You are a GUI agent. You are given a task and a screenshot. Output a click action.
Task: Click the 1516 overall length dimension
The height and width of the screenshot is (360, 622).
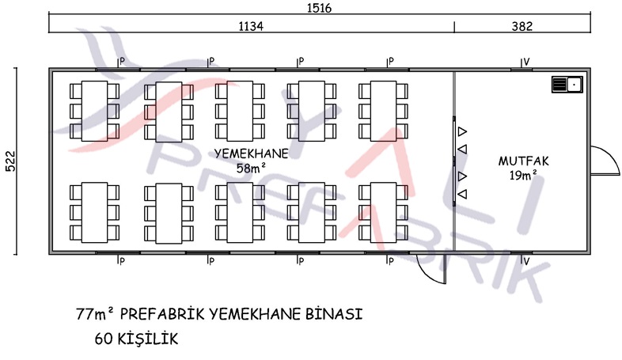pos(319,8)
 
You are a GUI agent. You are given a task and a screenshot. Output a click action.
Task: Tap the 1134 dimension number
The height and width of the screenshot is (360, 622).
pos(251,26)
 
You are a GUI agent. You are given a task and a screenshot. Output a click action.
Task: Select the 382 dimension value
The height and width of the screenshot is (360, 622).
pos(521,26)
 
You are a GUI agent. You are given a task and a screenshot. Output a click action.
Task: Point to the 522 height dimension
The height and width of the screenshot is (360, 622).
pos(10,161)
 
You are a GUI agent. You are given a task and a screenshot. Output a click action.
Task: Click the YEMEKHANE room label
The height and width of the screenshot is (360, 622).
pos(251,153)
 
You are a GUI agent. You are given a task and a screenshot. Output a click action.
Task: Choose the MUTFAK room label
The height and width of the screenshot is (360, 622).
pos(524,161)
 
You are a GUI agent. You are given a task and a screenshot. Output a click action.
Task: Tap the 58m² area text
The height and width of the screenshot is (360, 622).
pos(251,168)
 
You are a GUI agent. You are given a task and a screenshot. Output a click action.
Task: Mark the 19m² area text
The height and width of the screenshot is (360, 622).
pos(523,175)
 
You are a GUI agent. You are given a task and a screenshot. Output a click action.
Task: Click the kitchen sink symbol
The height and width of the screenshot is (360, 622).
pos(567,85)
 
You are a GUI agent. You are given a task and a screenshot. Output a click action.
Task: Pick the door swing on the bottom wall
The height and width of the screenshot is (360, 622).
pos(431,269)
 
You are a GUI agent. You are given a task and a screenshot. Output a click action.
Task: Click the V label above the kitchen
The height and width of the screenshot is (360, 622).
pos(526,62)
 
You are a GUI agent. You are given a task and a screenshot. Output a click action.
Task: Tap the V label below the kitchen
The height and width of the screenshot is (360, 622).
pos(526,261)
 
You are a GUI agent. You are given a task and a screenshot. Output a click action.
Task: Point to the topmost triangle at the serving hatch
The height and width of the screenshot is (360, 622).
pos(462,131)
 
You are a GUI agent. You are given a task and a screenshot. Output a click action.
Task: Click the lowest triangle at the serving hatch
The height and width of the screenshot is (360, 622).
pos(462,194)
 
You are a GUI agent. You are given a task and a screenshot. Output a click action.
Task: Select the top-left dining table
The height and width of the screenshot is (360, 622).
pos(94,111)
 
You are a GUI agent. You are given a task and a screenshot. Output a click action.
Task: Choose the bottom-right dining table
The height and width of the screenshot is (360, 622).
pos(383,213)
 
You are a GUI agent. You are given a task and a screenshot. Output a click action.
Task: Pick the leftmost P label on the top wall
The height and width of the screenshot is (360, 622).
pos(122,62)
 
